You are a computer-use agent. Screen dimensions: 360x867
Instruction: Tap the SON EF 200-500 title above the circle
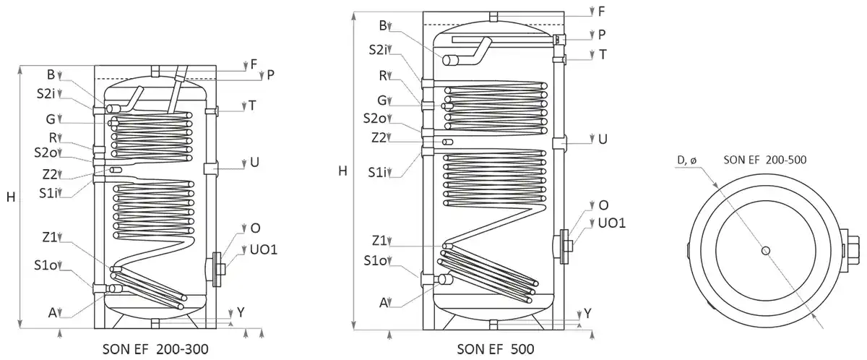(x=766, y=160)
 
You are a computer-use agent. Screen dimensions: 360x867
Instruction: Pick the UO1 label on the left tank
(x=263, y=249)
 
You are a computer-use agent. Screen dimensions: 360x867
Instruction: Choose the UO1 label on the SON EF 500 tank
(x=611, y=223)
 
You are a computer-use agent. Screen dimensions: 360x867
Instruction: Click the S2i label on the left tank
(x=46, y=93)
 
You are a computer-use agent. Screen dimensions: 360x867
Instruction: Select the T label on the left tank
(x=251, y=106)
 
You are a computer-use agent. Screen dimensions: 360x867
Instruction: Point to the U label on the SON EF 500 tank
(x=602, y=139)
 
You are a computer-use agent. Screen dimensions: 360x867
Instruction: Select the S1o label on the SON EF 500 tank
(x=377, y=260)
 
